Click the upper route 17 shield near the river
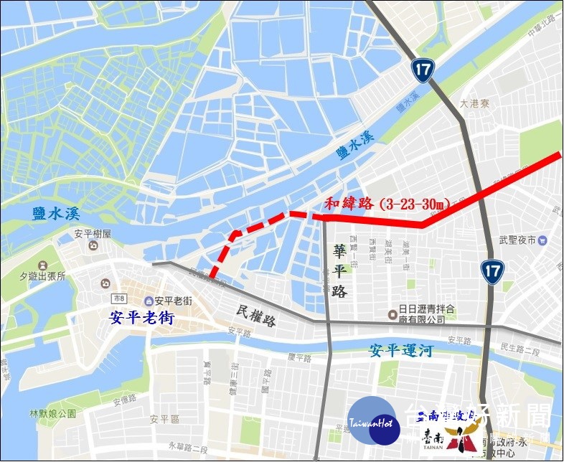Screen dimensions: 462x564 (421, 70)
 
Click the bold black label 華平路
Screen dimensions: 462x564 (340, 271)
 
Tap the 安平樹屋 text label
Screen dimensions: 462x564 (92, 234)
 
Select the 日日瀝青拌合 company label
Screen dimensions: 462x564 (426, 313)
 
